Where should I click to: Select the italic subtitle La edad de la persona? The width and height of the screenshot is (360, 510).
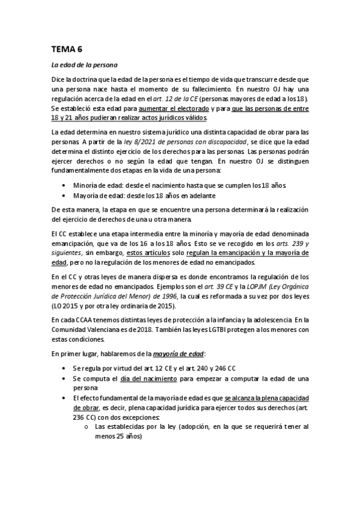[x=84, y=64]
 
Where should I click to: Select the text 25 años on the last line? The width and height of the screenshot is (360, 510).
[x=126, y=437]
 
